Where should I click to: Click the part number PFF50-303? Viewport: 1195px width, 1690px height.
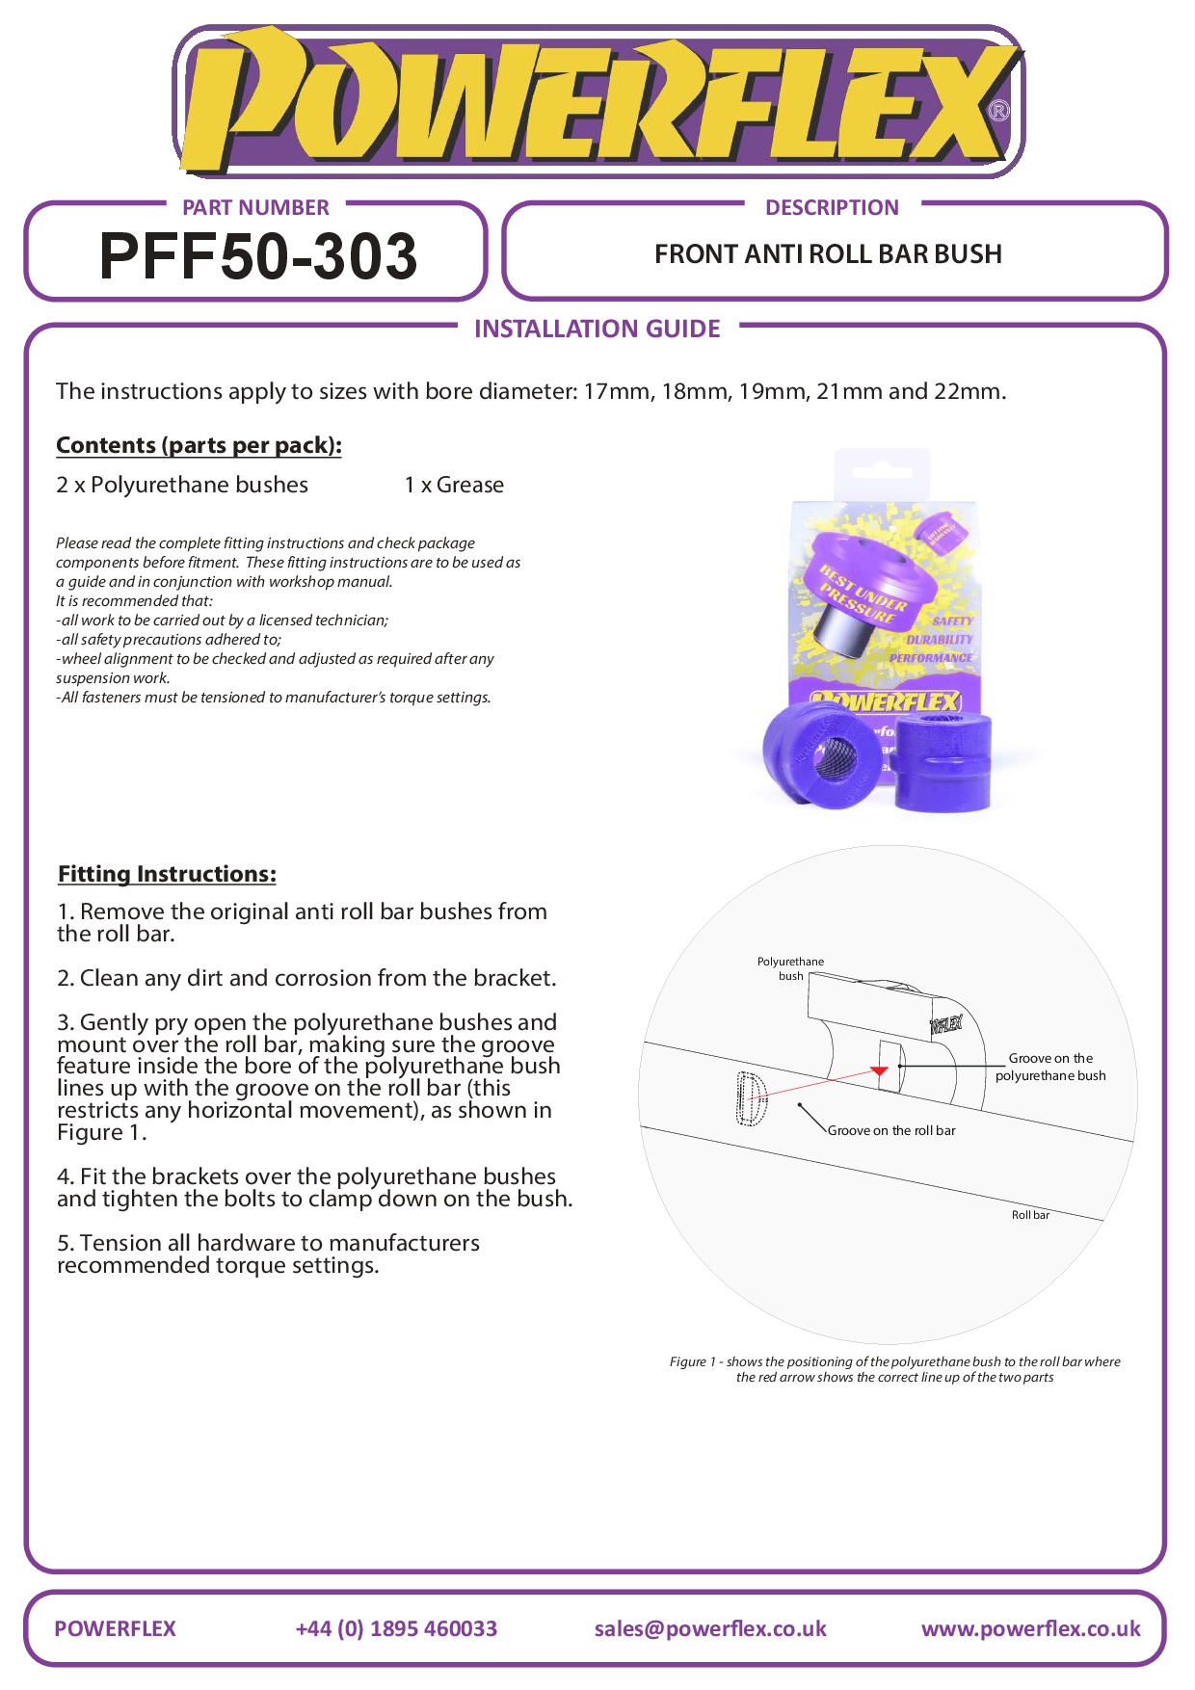pyautogui.click(x=258, y=256)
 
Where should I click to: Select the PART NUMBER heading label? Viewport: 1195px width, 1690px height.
pyautogui.click(x=255, y=207)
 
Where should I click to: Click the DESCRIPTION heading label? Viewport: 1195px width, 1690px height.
pyautogui.click(x=832, y=207)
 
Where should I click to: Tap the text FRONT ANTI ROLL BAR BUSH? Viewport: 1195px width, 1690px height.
pyautogui.click(x=828, y=254)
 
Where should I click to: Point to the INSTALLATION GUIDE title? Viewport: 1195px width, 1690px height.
pyautogui.click(x=597, y=330)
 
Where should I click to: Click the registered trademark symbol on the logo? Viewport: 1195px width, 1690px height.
pyautogui.click(x=999, y=111)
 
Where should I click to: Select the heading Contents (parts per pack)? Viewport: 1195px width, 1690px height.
pyautogui.click(x=199, y=445)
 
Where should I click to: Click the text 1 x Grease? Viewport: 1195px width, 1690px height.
pyautogui.click(x=454, y=485)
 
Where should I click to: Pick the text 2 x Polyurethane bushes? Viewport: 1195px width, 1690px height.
pyautogui.click(x=182, y=485)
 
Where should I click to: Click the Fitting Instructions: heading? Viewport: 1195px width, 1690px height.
pyautogui.click(x=167, y=874)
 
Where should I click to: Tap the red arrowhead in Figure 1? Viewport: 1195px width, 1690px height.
pyautogui.click(x=879, y=1070)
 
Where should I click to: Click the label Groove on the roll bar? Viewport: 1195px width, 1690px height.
pyautogui.click(x=891, y=1130)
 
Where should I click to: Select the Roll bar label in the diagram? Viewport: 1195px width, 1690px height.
pyautogui.click(x=1030, y=1215)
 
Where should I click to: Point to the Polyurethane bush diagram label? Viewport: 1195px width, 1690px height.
pyautogui.click(x=790, y=968)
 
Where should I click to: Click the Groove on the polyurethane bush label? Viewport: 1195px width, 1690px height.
pyautogui.click(x=1050, y=1067)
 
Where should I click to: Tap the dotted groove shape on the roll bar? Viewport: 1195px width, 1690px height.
pyautogui.click(x=751, y=1098)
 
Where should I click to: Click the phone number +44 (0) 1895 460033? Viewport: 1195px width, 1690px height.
pyautogui.click(x=396, y=1628)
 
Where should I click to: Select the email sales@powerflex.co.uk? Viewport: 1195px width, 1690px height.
pyautogui.click(x=710, y=1628)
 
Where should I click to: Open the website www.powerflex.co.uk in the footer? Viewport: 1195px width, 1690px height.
pyautogui.click(x=1030, y=1628)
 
